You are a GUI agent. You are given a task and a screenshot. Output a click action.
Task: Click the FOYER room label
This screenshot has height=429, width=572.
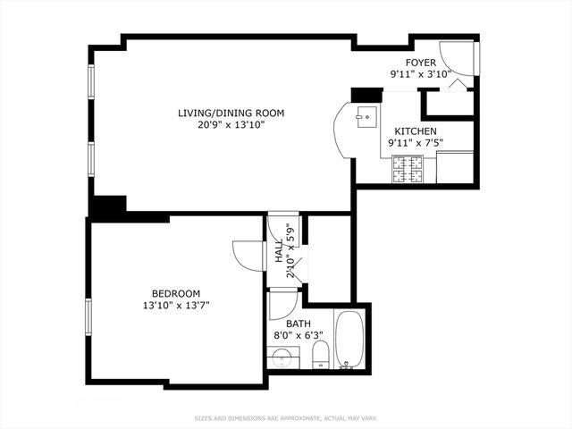tap(420, 63)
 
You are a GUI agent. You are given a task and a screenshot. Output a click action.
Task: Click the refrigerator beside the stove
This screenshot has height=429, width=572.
tap(455, 166)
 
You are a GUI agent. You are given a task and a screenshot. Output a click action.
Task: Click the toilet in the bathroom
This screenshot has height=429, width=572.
tap(319, 356)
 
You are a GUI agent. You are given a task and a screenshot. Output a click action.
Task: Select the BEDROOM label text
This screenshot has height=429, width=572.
tap(175, 293)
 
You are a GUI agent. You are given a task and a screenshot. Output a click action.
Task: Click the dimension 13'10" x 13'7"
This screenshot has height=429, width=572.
tap(175, 306)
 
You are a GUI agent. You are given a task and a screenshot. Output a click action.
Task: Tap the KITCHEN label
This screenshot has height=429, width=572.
tap(416, 131)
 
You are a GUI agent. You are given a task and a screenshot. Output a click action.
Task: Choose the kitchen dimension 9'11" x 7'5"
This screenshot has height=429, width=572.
tap(416, 143)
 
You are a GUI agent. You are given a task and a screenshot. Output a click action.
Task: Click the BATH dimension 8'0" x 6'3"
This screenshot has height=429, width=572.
tap(298, 336)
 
